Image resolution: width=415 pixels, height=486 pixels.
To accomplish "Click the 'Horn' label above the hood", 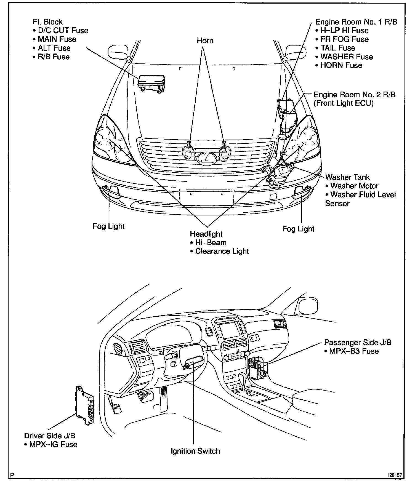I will [x=205, y=41].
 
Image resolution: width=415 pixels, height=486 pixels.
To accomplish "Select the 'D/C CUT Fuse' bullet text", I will [x=63, y=31].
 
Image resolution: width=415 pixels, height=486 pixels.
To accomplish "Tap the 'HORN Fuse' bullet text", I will [x=341, y=65].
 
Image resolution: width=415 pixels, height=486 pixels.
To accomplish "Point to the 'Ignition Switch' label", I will [x=195, y=451].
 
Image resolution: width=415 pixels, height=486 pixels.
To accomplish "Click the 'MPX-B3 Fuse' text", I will [x=354, y=351].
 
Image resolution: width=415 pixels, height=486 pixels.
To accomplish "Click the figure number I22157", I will [x=395, y=475].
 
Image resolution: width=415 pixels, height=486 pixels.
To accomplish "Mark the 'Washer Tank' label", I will [x=347, y=177].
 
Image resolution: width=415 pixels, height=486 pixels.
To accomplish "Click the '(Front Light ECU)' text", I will [x=344, y=103].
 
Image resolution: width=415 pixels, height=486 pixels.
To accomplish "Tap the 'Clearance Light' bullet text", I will [x=222, y=251].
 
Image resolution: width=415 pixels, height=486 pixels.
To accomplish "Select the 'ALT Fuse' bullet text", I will [x=54, y=48].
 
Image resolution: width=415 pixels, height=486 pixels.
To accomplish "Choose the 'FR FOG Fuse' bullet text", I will [x=344, y=39].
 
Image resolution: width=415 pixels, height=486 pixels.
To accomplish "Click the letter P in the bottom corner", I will [x=12, y=475].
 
